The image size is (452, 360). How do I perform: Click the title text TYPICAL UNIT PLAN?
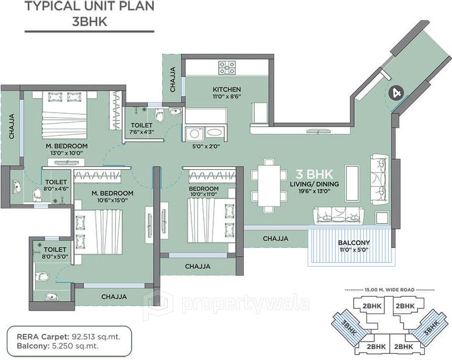(x=89, y=7)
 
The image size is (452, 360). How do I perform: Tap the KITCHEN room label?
(x=227, y=89)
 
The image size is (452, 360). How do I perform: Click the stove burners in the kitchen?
(x=227, y=68)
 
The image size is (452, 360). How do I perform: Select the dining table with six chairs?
(x=269, y=185)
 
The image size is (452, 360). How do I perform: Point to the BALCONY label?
(x=354, y=243)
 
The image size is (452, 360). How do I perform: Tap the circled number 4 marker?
(x=396, y=93)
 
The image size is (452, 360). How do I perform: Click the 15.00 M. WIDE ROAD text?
(x=389, y=290)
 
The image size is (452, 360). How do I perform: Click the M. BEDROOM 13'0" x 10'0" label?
(x=67, y=150)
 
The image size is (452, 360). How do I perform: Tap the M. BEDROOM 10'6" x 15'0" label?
(x=112, y=196)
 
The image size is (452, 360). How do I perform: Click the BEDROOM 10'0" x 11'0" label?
(x=203, y=192)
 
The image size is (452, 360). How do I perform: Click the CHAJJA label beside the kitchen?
(x=173, y=79)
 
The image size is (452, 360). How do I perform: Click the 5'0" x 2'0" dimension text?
(x=203, y=147)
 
